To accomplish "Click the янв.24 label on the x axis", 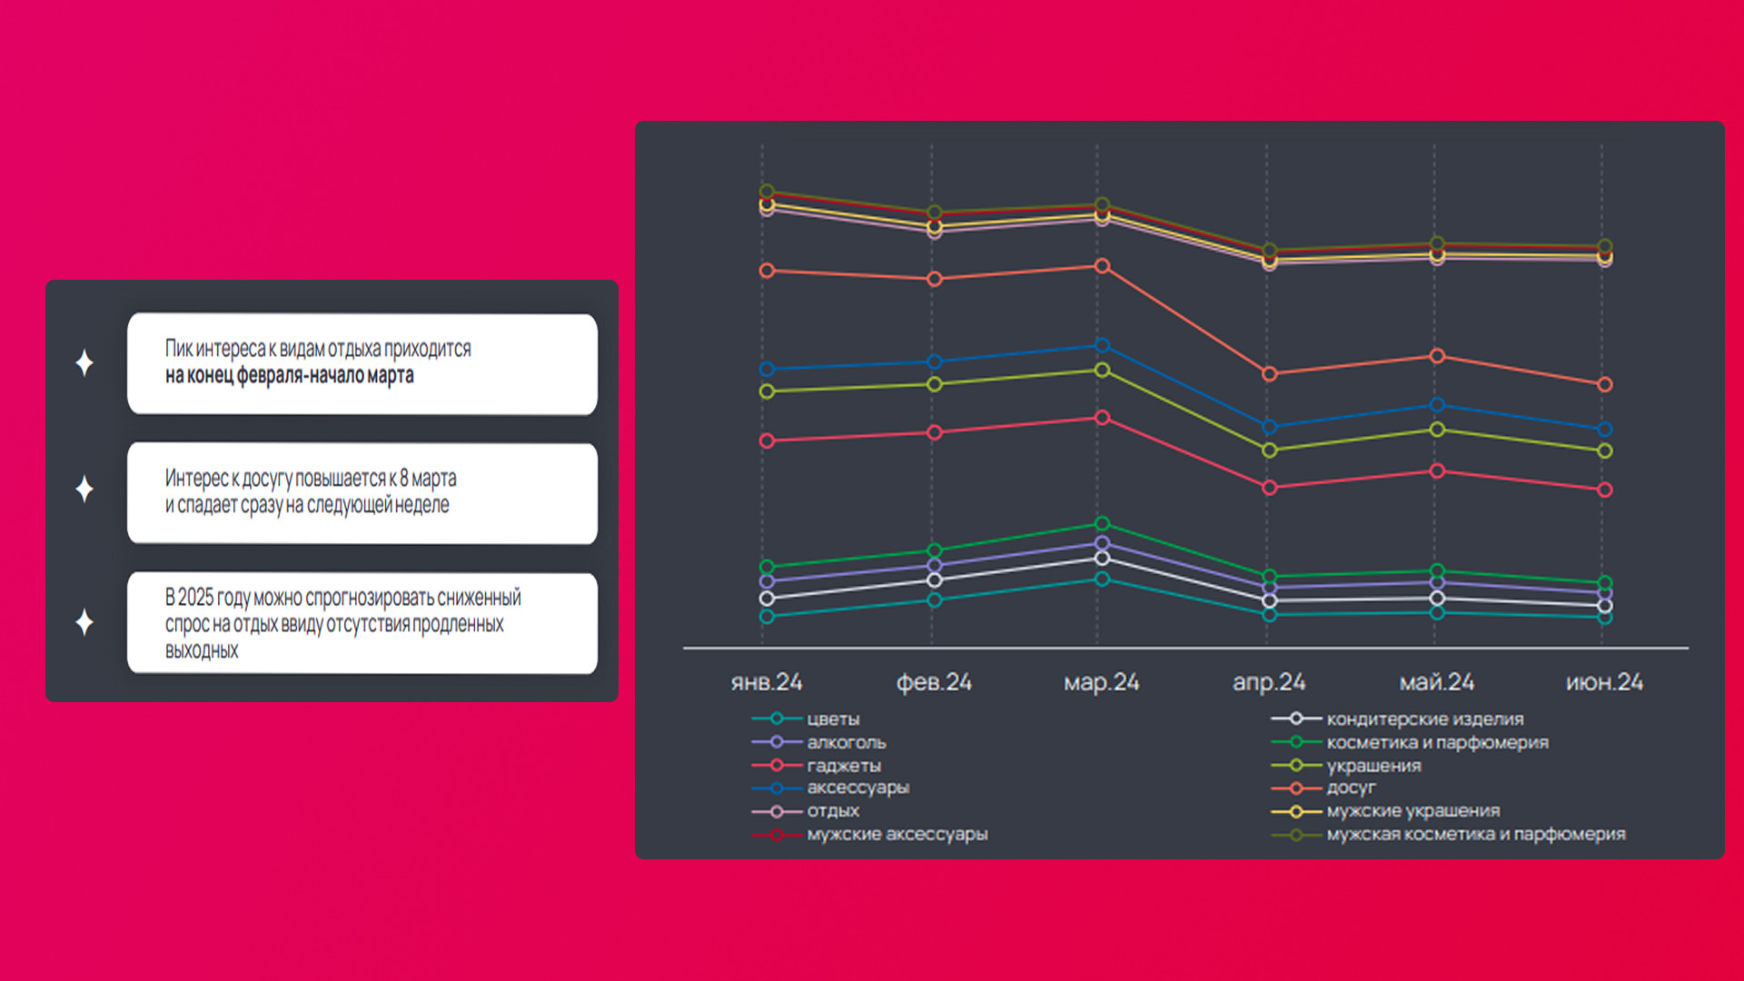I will point(767,682).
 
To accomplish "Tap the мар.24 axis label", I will point(1101,682).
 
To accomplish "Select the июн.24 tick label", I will point(1604,682).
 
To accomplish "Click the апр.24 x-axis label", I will point(1269,682).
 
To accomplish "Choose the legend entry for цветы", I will point(833,719).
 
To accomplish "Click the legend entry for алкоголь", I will point(846,742).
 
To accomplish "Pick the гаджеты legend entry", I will point(844,766).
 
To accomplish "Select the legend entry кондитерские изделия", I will point(1424,719).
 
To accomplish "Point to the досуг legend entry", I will point(1351,788).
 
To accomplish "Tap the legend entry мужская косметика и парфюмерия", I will point(1475,834).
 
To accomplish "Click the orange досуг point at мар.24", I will point(1102,266).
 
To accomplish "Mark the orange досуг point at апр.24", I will point(1270,373).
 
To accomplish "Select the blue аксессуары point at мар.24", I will point(1102,345).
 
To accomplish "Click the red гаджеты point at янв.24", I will point(767,441).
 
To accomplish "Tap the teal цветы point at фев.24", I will point(935,599).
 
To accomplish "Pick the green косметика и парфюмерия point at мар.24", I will point(1102,523).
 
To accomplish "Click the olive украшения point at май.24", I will point(1437,429).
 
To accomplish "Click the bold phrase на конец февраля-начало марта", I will point(289,376).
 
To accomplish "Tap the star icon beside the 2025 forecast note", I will point(84,622).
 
